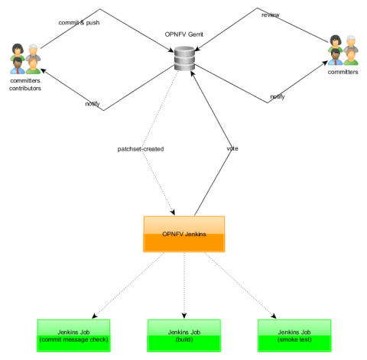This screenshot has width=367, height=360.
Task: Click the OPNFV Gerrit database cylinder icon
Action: (x=184, y=58)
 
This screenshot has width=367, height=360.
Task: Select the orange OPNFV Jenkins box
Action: (x=184, y=234)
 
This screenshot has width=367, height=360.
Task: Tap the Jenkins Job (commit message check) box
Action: (x=73, y=336)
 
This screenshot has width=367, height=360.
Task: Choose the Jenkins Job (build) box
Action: (x=184, y=336)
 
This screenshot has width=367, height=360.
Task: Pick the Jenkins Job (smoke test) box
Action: (x=294, y=336)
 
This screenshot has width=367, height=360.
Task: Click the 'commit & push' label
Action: (x=79, y=23)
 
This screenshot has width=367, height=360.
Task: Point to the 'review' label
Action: (x=271, y=15)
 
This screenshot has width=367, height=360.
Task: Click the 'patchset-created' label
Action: (x=141, y=149)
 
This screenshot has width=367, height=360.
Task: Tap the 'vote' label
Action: (x=232, y=148)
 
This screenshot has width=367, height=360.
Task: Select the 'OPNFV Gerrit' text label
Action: (x=184, y=34)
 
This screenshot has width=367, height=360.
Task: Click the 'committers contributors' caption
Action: (x=25, y=84)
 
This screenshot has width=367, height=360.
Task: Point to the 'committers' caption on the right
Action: (x=343, y=72)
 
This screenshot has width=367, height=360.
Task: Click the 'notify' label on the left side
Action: (x=93, y=104)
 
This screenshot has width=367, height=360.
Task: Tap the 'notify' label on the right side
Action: (x=278, y=96)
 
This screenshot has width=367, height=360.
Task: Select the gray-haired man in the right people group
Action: (x=351, y=44)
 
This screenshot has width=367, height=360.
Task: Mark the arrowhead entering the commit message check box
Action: (x=94, y=316)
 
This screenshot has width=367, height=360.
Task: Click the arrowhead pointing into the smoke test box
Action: (x=274, y=316)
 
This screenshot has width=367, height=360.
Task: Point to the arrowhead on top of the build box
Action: (x=184, y=316)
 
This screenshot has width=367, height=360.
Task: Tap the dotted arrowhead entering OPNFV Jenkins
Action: (x=173, y=212)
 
